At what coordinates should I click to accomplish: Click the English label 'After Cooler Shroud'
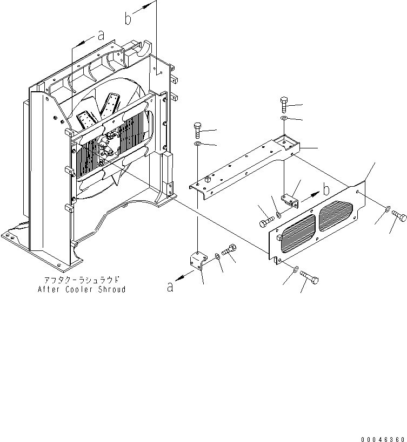coord(82,289)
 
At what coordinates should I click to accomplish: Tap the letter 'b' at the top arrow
coord(128,18)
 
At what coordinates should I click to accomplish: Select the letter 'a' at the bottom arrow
coord(171,287)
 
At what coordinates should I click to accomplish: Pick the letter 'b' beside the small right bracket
coord(325,190)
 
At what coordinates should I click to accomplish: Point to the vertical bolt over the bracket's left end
coord(198,131)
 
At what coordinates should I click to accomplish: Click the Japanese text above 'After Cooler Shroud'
coord(82,280)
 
